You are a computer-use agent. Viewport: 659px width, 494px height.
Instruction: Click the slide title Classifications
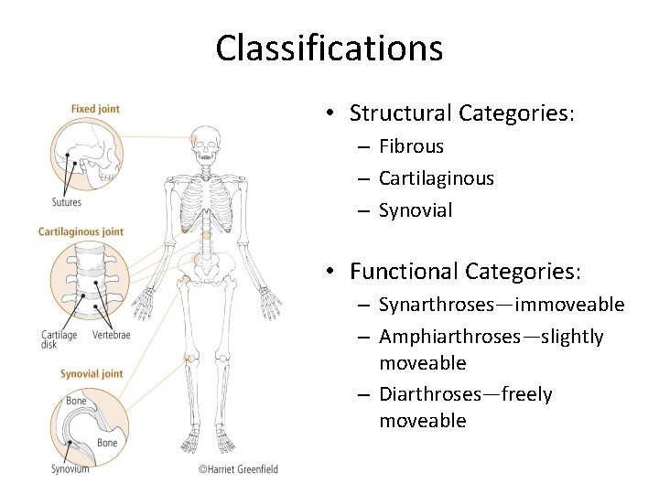tap(329, 48)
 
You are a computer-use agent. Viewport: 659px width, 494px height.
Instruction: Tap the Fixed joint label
tap(95, 110)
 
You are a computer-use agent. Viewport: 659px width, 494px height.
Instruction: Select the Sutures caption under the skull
tap(66, 202)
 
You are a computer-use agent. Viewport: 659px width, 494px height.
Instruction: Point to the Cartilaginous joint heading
tap(81, 231)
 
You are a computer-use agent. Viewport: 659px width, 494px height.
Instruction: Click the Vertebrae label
tap(111, 335)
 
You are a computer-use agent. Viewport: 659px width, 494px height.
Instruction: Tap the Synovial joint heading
tap(92, 373)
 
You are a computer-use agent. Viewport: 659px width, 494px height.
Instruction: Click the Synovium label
tap(70, 469)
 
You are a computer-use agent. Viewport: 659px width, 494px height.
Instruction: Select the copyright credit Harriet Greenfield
tap(237, 470)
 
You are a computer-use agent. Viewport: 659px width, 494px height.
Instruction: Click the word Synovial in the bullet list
tap(417, 209)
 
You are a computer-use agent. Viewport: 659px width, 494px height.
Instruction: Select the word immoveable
tap(569, 304)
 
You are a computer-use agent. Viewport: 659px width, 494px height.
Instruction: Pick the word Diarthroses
tap(428, 394)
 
